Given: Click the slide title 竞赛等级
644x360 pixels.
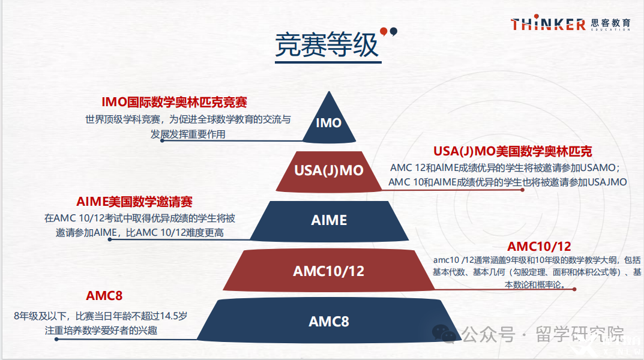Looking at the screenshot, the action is point(327,45).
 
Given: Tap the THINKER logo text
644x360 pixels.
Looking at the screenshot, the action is point(548,23).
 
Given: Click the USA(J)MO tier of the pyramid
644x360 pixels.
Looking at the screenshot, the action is point(329,171).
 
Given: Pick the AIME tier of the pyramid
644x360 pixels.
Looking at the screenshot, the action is point(329,220).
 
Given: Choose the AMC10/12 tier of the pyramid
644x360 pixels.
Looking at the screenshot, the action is point(329,271).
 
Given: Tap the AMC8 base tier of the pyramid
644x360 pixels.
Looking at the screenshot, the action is point(329,320).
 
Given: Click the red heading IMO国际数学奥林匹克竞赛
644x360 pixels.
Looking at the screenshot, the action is point(174,102).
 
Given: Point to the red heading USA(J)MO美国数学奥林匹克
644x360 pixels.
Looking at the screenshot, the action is point(513,151).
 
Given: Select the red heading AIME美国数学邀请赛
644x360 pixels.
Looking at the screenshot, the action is point(134,202).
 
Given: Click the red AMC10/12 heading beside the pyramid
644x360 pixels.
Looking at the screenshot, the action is point(539,246).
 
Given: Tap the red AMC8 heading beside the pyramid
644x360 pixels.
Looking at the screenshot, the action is point(104,296).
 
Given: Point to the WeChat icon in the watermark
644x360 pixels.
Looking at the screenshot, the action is point(444,334).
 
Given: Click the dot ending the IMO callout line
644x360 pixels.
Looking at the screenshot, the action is point(162,140).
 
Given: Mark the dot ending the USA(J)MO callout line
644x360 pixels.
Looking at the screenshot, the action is point(522,190).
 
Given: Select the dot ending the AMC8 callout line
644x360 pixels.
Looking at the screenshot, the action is point(56,339).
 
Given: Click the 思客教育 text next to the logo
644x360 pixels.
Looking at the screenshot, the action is point(610,23).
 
